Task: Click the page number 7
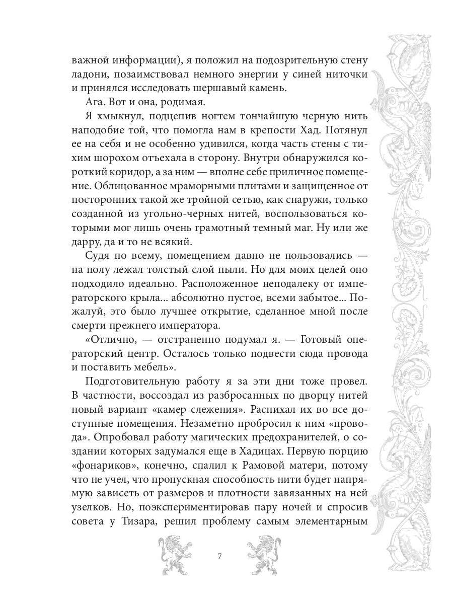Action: pos(219,557)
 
